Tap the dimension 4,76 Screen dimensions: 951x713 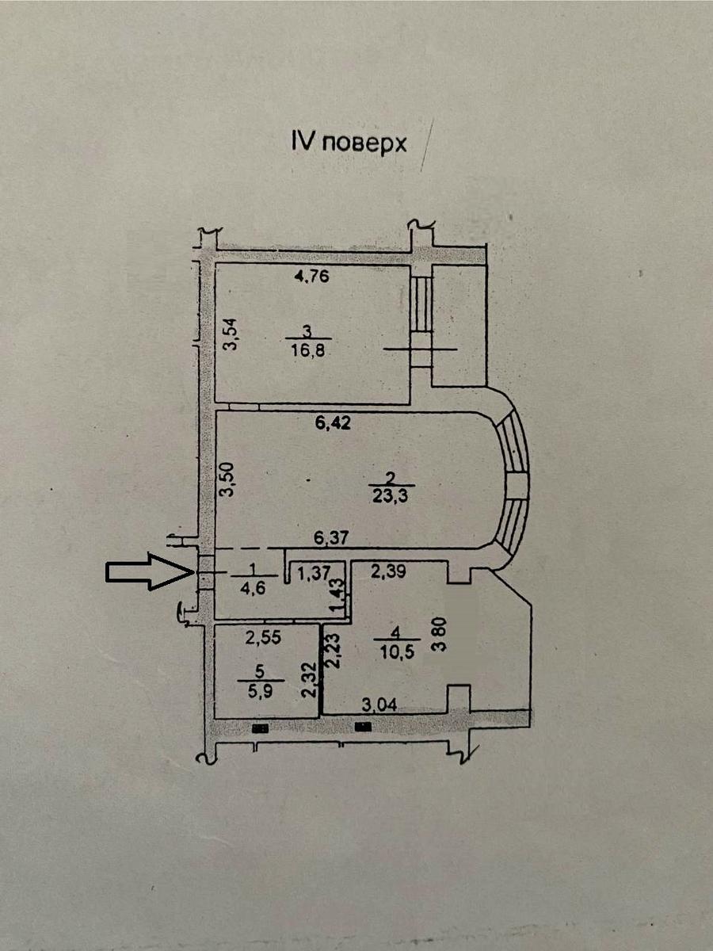pos(311,277)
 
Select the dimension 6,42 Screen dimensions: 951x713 pos(333,423)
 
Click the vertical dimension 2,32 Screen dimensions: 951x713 pos(308,679)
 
